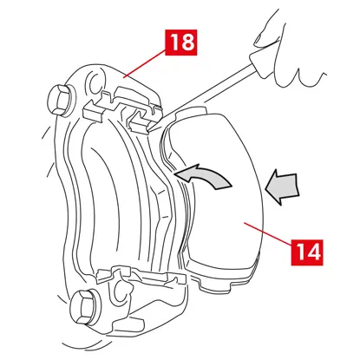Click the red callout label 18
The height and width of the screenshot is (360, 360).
[x=181, y=43]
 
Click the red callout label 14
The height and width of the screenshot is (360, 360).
[x=307, y=252]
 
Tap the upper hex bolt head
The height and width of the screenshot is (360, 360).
[x=60, y=101]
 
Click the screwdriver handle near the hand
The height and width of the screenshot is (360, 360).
[x=260, y=63]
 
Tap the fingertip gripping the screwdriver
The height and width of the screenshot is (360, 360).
[x=261, y=40]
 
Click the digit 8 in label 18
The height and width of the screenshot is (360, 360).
[x=188, y=43]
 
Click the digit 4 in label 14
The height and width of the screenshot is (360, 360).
[x=313, y=252]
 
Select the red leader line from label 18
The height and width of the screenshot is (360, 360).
[x=145, y=64]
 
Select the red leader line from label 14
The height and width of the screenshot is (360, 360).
[x=268, y=234]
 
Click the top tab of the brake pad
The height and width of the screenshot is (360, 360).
[x=191, y=112]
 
